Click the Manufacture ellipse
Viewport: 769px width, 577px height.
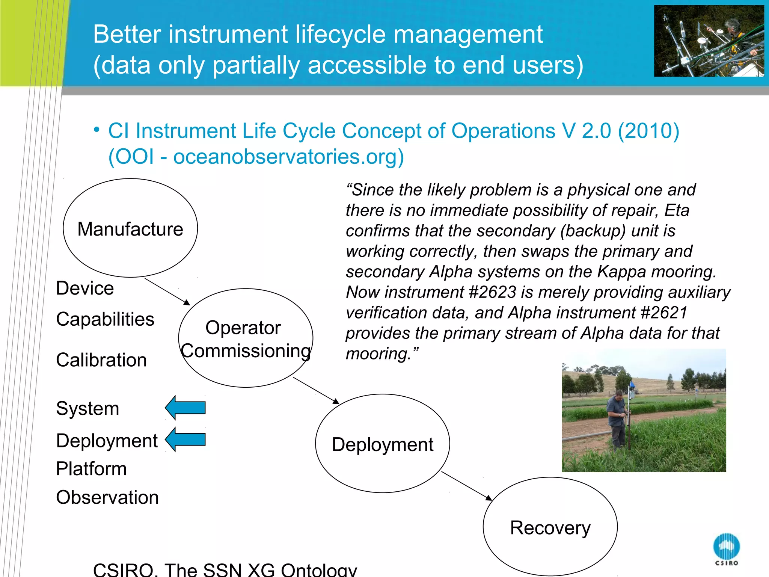click(x=130, y=228)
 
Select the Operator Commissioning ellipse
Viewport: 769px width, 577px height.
click(x=246, y=338)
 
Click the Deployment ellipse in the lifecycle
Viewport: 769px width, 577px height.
click(x=382, y=444)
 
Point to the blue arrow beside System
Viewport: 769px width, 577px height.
click(x=185, y=408)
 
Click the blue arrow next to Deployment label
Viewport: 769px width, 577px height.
click(x=185, y=440)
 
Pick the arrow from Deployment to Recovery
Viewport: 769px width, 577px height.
click(x=467, y=486)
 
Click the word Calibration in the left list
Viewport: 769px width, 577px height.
click(x=101, y=360)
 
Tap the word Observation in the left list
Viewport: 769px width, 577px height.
click(x=107, y=497)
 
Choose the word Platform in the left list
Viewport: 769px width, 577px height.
click(x=91, y=469)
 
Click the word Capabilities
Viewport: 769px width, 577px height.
click(x=105, y=319)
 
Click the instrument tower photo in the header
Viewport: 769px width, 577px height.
click(x=709, y=41)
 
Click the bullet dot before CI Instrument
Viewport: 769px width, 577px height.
click(x=97, y=130)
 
